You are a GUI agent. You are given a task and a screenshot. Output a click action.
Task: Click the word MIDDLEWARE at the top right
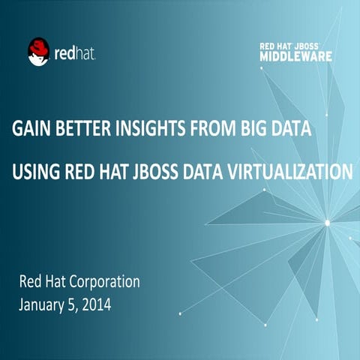click(296, 55)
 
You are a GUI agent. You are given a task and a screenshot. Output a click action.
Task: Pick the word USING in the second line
click(34, 173)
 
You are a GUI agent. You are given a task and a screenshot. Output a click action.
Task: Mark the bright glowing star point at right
click(327, 221)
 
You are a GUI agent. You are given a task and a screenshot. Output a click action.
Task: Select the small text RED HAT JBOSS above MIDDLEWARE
click(295, 45)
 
